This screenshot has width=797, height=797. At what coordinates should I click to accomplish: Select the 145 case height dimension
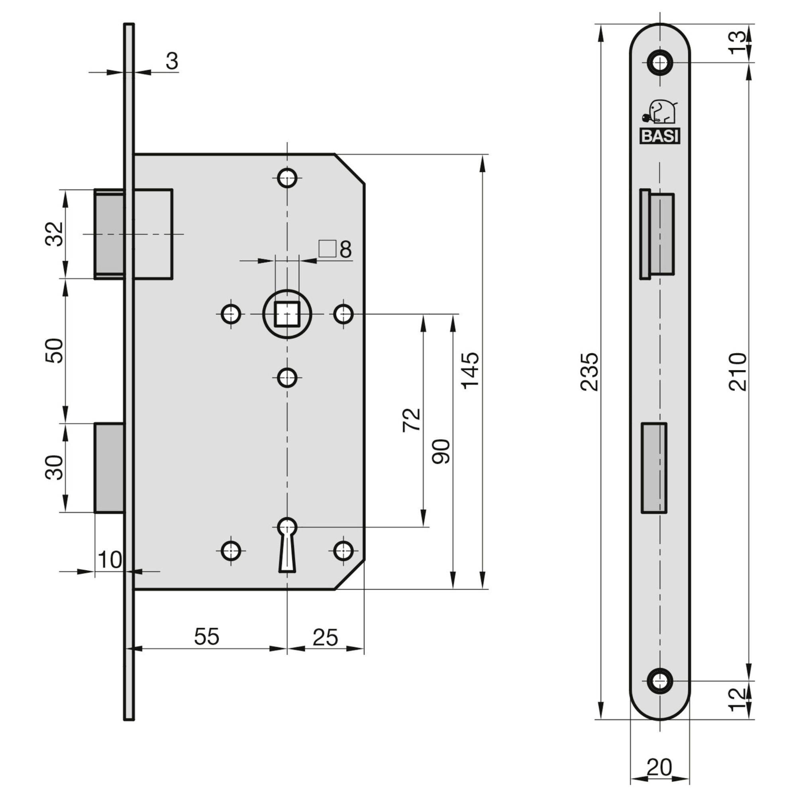(470, 370)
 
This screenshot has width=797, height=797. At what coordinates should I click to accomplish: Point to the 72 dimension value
(412, 420)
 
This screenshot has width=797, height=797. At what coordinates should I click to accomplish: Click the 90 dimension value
(441, 452)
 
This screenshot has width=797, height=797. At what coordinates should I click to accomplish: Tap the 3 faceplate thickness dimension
(172, 61)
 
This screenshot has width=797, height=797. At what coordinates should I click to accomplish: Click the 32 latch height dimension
(55, 234)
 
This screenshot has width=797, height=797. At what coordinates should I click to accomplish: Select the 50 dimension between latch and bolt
(55, 351)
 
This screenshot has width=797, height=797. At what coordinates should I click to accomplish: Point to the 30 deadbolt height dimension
(55, 467)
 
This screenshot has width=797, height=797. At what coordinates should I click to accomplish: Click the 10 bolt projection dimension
(110, 560)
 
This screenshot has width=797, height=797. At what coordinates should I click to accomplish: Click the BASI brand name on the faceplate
(660, 136)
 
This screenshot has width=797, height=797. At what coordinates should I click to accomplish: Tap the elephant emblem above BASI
(660, 112)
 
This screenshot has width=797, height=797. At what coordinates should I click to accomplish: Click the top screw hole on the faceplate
(660, 63)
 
